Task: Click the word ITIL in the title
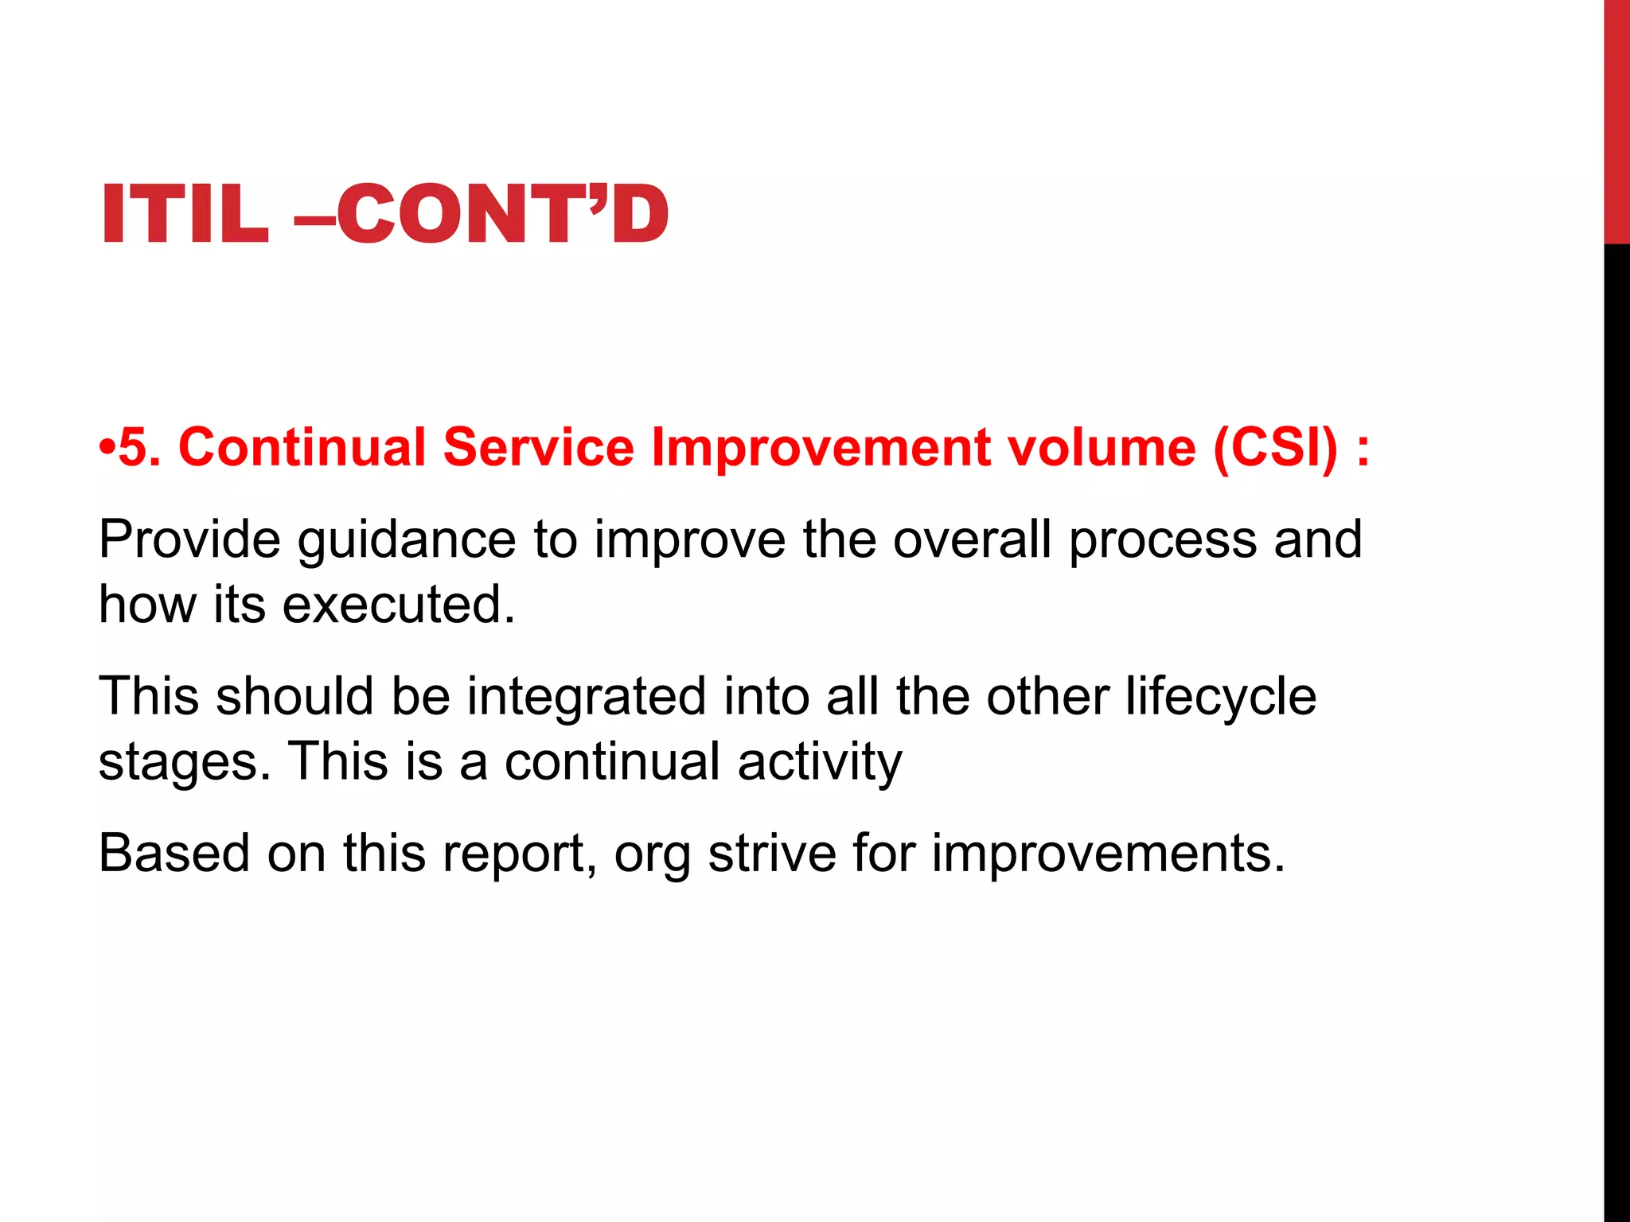click(185, 213)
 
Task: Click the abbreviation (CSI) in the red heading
click(1276, 447)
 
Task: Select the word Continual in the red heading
click(302, 447)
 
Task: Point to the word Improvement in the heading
click(821, 447)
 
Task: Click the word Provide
click(189, 540)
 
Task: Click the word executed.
click(399, 605)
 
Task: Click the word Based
click(174, 854)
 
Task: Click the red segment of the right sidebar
click(1616, 119)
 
